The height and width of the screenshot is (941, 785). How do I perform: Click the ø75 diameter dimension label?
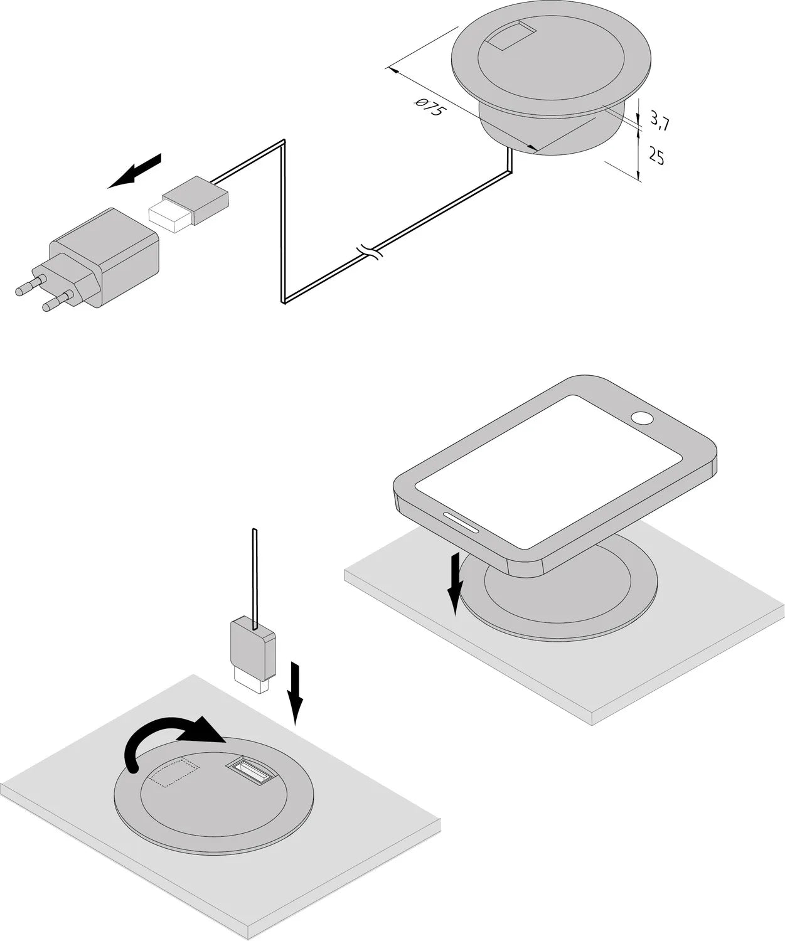tap(430, 110)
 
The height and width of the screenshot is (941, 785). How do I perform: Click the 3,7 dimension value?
tap(659, 120)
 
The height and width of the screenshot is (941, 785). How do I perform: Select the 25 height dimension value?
tap(656, 156)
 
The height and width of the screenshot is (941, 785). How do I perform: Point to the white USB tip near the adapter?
tap(168, 216)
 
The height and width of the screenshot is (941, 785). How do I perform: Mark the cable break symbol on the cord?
tap(370, 253)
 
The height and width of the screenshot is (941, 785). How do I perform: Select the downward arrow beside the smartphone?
tap(456, 583)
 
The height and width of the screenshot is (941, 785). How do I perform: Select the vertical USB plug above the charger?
tap(253, 652)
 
